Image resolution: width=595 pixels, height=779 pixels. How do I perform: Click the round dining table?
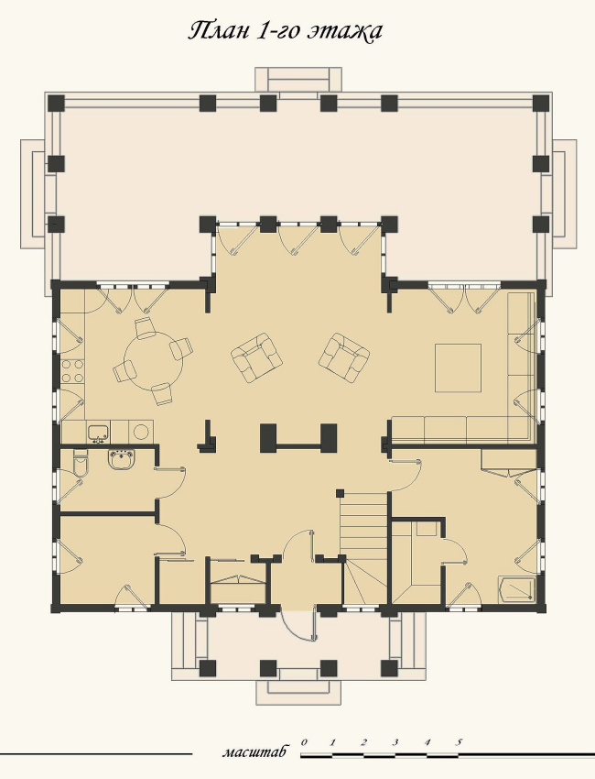point(153,361)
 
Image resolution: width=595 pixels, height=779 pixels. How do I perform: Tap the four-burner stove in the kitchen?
point(72,371)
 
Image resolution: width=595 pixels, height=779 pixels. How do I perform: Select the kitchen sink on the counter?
point(99,432)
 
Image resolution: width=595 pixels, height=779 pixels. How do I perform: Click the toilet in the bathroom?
point(80,463)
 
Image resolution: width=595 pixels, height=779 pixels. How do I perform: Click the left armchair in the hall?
point(257,357)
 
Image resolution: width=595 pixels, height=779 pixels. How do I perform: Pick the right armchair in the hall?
point(343,357)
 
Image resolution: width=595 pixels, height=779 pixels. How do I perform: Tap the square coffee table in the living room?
point(458,368)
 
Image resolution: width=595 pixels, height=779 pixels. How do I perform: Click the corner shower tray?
point(517,589)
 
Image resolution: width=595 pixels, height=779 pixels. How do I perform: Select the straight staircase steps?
point(363,522)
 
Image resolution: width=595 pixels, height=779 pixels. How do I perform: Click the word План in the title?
point(220,31)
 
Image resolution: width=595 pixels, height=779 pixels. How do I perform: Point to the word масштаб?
point(254,752)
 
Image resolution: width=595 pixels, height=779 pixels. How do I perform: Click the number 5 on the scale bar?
point(459,742)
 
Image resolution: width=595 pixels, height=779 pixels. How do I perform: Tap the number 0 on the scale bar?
point(304,742)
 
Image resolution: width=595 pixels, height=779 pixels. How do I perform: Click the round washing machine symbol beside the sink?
point(141,432)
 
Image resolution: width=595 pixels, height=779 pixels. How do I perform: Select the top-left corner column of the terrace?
point(57,104)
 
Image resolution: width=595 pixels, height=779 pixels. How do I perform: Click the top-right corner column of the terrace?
point(541,104)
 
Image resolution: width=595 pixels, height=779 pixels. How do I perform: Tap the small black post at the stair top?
point(340,493)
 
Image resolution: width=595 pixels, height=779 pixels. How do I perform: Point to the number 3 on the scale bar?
point(395,742)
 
